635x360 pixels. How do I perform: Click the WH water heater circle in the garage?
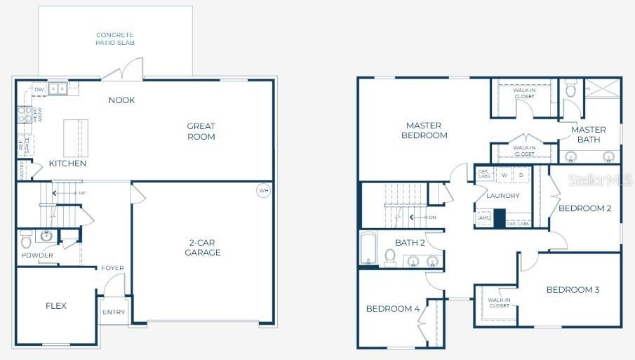click(263, 190)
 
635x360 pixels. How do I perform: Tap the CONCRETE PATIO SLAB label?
click(115, 39)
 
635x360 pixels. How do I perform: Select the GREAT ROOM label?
click(201, 131)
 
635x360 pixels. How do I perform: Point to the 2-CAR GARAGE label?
click(203, 247)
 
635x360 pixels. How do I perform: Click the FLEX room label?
click(56, 305)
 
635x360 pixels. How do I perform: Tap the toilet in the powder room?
click(27, 240)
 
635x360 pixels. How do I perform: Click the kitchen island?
click(76, 133)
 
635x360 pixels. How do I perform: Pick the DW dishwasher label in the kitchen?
click(40, 90)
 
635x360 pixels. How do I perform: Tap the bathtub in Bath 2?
click(368, 248)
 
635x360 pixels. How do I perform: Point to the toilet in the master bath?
click(570, 89)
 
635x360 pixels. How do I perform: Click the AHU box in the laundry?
click(483, 218)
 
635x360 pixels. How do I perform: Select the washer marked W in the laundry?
click(504, 175)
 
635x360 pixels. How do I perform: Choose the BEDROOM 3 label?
click(573, 289)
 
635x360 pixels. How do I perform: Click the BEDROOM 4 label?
click(393, 308)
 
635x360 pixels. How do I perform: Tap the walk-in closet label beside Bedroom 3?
click(499, 303)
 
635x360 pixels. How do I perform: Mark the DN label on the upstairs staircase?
click(433, 217)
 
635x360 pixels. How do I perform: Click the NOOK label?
click(121, 100)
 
